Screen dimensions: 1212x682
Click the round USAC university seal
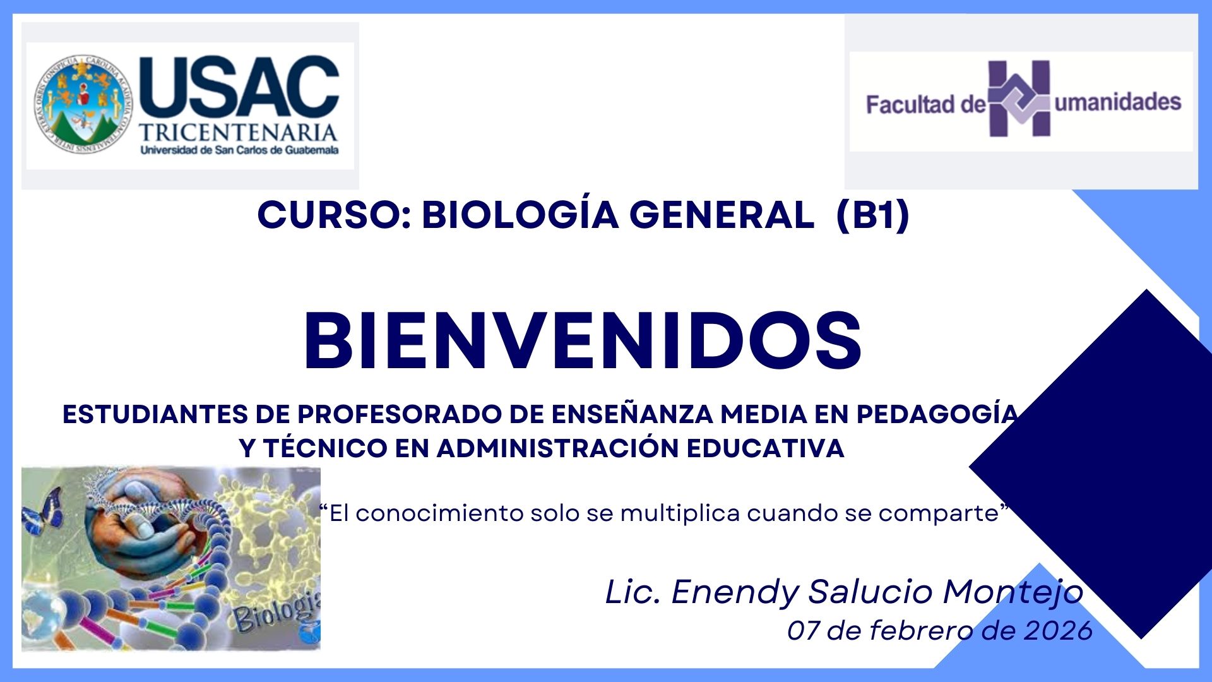[x=84, y=103]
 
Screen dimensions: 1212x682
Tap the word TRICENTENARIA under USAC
[x=239, y=133]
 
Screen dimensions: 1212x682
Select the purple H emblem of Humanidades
[x=1019, y=99]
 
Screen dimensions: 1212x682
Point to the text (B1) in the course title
[x=872, y=215]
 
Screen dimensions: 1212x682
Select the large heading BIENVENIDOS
[x=583, y=341]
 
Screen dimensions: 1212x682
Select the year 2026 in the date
[x=1058, y=631]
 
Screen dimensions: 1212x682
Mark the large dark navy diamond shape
[x=1090, y=464]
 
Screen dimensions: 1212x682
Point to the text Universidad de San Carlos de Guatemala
[x=239, y=150]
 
